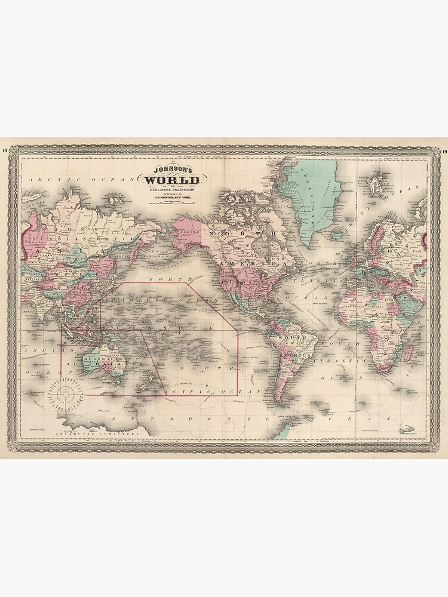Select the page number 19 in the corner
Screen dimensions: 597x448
coord(444,150)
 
